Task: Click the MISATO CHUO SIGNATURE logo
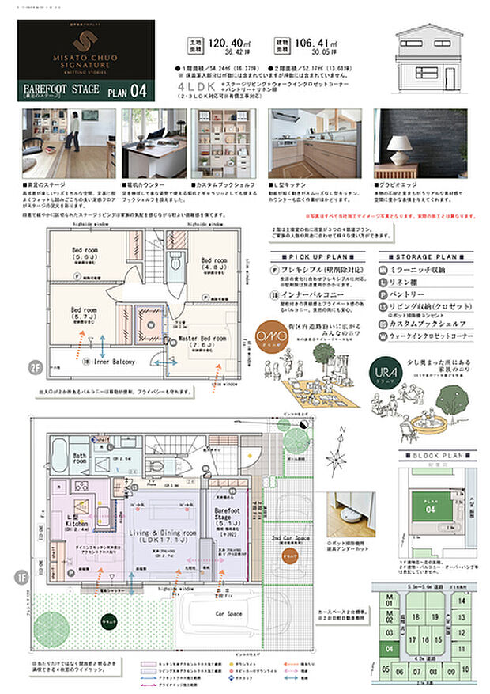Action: pyautogui.click(x=85, y=48)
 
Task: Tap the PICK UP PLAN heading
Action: pyautogui.click(x=314, y=257)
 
